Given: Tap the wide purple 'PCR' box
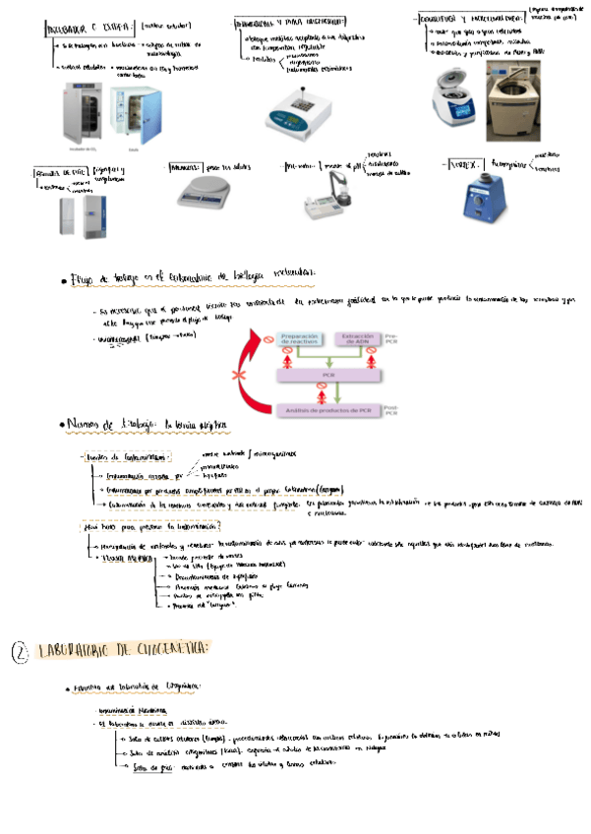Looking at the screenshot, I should (327, 376).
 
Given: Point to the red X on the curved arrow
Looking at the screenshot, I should (236, 377).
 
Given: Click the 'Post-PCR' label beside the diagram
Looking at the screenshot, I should (392, 411).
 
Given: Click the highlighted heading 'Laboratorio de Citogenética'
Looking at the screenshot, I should (123, 650).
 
